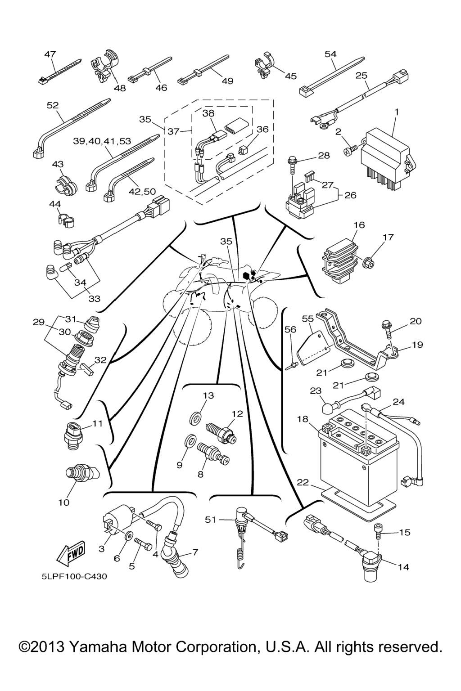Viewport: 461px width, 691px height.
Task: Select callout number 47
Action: click(x=50, y=54)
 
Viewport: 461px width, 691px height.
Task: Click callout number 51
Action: click(x=211, y=520)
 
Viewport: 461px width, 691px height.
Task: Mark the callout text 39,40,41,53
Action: click(x=102, y=141)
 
